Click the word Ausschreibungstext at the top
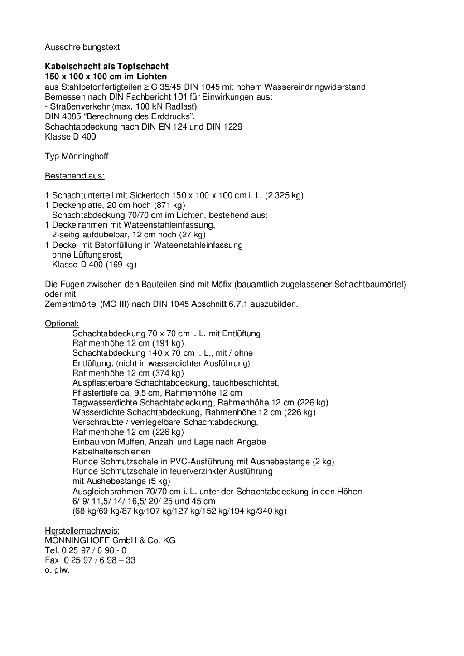[83, 47]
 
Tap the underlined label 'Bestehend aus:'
[74, 176]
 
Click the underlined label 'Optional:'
[62, 323]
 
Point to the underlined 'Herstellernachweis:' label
[82, 531]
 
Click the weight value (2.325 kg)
[285, 196]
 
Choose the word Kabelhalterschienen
[111, 452]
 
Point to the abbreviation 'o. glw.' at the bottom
[57, 570]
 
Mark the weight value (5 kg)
[159, 481]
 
